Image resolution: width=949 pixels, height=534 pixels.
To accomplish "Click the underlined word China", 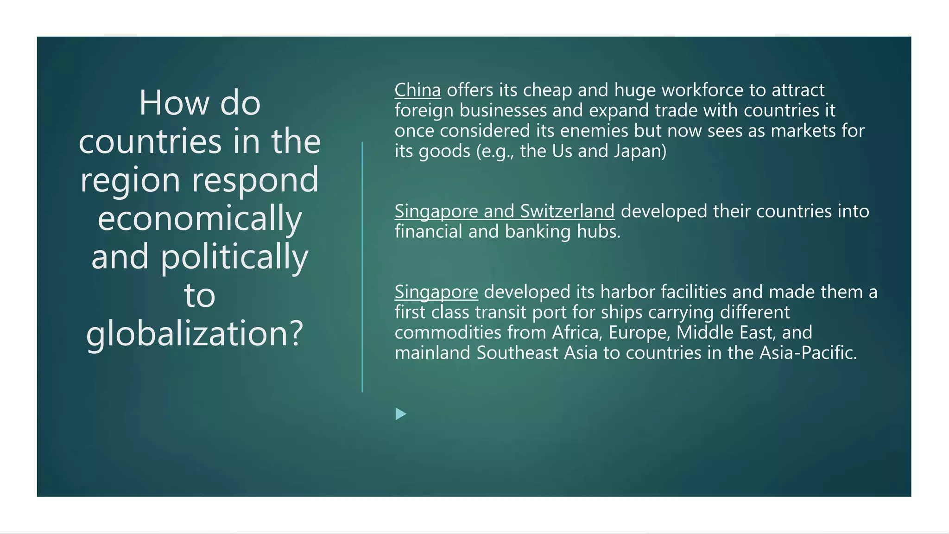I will point(418,90).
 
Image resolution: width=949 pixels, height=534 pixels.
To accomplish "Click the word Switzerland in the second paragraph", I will point(567,211).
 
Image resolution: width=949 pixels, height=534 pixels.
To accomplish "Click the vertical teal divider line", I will point(362,267).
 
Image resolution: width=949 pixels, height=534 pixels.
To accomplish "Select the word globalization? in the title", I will point(195,333).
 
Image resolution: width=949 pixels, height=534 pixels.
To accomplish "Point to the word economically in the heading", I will point(200,218).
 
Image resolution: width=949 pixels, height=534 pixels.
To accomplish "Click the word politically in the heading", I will point(234,257).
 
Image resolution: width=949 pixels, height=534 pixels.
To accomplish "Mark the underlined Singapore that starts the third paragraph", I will point(436,292).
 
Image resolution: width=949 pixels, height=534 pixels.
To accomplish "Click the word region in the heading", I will point(130,180).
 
